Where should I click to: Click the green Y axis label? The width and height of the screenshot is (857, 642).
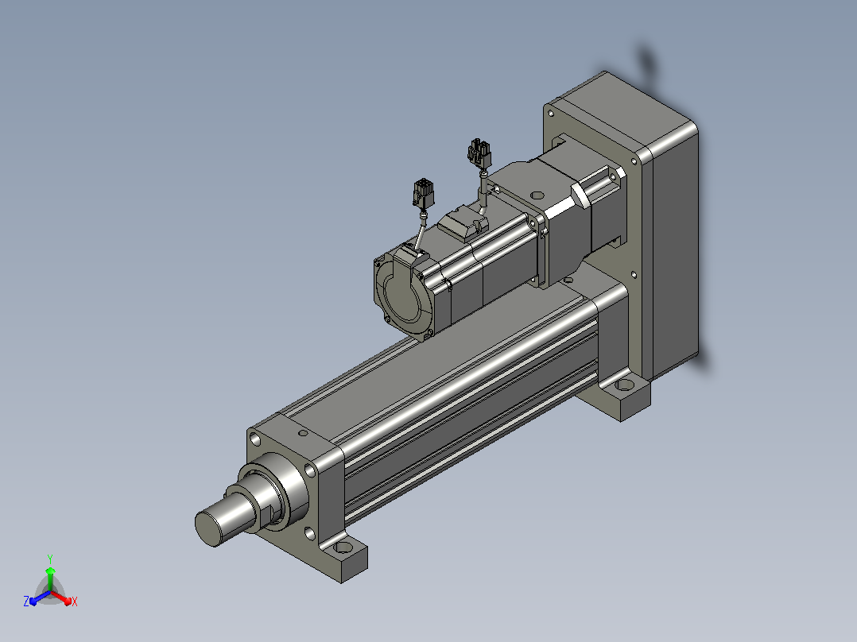pos(50,559)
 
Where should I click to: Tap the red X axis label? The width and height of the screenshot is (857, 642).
pos(75,601)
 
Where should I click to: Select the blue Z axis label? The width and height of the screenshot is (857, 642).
pos(26,601)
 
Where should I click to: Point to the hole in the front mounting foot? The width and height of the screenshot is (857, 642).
pos(344,547)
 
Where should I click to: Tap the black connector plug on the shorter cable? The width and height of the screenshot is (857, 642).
pos(423,193)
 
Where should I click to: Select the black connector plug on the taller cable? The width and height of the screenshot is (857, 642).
pos(479,153)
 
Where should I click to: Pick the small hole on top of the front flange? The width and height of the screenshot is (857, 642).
pos(304,433)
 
